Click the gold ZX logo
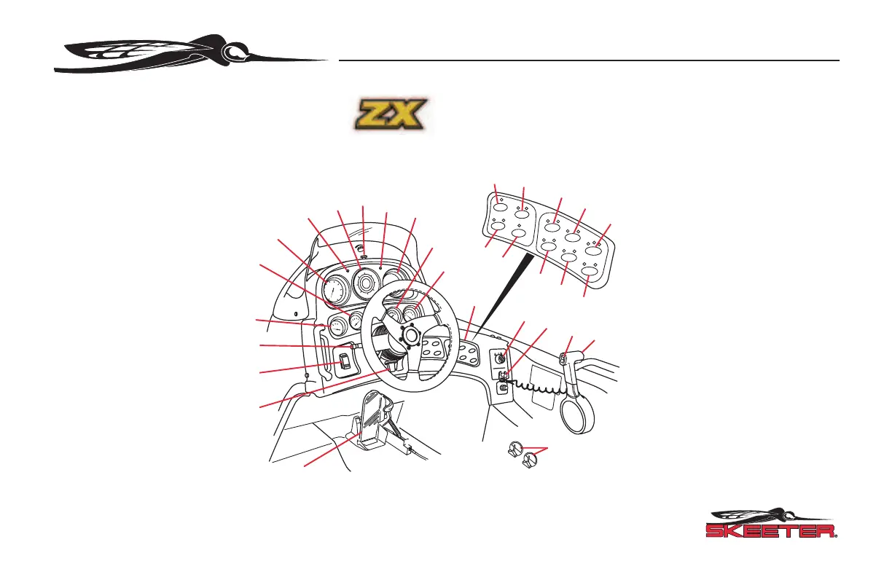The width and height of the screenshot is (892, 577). (390, 116)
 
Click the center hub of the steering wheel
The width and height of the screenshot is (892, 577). (410, 336)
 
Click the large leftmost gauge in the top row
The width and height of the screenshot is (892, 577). (330, 292)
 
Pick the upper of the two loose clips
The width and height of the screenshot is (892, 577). (515, 449)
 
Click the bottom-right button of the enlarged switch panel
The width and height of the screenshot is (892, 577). (591, 273)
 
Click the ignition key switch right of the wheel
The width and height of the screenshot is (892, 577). (501, 358)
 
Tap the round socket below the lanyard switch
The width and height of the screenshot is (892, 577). (501, 389)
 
